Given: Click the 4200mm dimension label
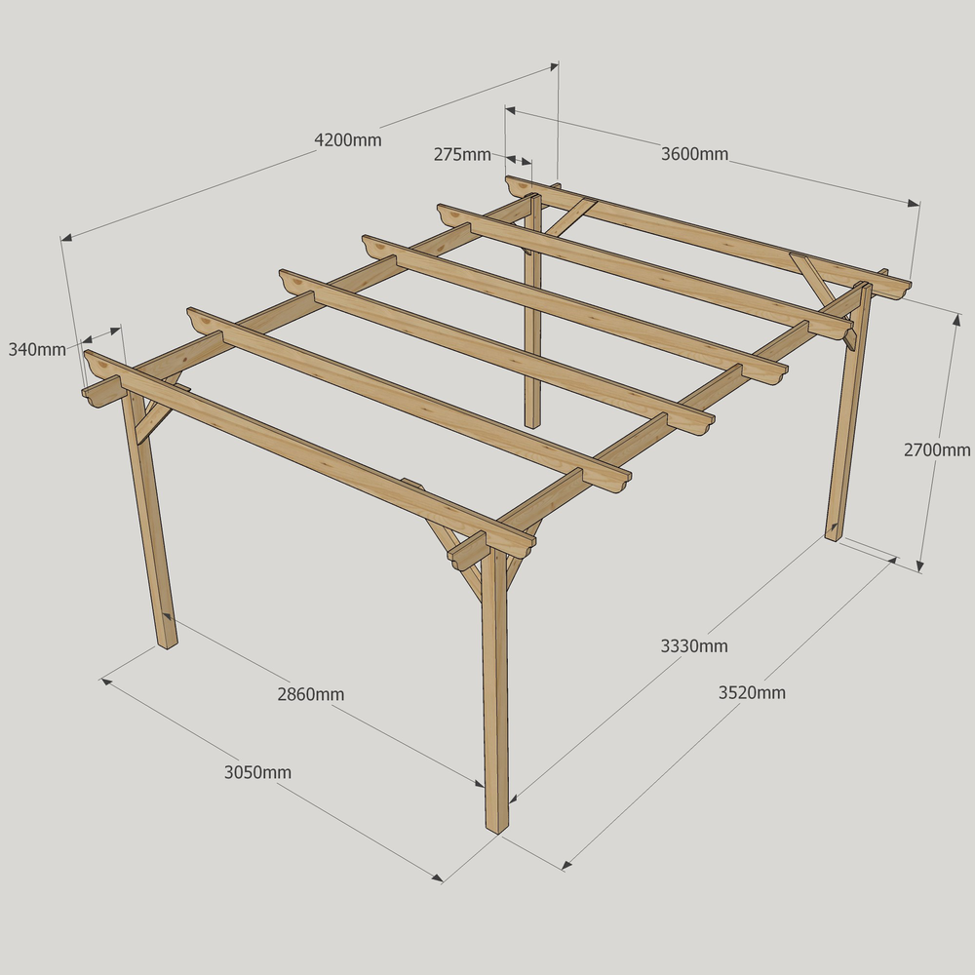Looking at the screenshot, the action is (348, 139).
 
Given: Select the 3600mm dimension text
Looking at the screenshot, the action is (694, 154).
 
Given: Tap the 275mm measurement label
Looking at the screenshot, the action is (462, 154).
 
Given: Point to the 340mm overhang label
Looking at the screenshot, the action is (37, 349).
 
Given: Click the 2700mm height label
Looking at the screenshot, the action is (936, 449).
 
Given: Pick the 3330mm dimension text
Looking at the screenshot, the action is (694, 646).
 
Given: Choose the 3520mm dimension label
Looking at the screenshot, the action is (752, 692).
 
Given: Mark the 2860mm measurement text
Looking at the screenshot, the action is (310, 694).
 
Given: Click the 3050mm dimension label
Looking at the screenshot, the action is (257, 772).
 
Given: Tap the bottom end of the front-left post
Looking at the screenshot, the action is (168, 644).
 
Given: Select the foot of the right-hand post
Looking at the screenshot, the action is (833, 537).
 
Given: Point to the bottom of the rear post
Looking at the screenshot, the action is (532, 425).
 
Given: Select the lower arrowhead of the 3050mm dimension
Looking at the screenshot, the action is (437, 877).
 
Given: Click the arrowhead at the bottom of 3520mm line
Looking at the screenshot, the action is (566, 864).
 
